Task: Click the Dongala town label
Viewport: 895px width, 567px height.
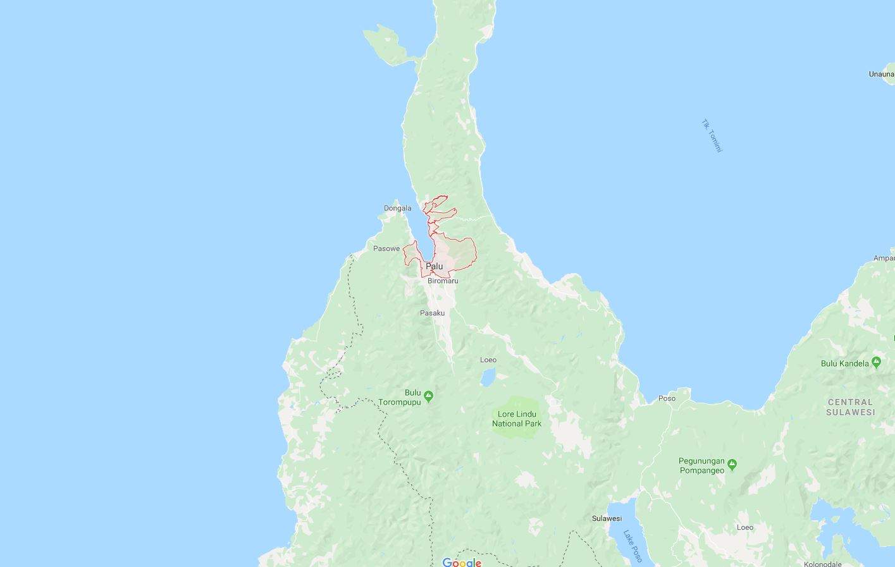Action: (x=397, y=208)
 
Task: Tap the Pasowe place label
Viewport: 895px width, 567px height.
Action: (x=386, y=248)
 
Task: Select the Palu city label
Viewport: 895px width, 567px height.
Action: (x=435, y=266)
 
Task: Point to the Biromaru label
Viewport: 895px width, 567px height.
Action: (x=443, y=281)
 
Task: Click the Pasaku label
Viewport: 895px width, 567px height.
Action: (x=433, y=313)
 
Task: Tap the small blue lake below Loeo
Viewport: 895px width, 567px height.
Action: (x=488, y=377)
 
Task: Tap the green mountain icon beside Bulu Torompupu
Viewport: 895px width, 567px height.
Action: (x=429, y=396)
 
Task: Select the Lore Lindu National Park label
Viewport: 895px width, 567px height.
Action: (x=517, y=419)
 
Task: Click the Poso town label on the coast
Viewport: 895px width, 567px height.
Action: (x=667, y=398)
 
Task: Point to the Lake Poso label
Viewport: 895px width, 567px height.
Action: (x=633, y=546)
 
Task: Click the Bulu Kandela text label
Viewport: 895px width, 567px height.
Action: (x=845, y=363)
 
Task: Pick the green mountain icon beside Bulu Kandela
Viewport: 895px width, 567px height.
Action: (x=876, y=362)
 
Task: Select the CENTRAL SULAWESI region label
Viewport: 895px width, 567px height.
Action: (x=851, y=407)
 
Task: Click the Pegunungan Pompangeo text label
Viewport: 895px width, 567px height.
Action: (x=702, y=466)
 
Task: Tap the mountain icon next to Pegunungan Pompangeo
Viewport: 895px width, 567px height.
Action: (x=732, y=465)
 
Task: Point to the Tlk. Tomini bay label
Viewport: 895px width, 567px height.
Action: (x=712, y=136)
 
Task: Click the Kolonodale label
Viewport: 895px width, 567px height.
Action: (x=822, y=564)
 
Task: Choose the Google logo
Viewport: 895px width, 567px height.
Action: (x=462, y=563)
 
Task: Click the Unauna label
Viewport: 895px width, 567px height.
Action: (x=882, y=74)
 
